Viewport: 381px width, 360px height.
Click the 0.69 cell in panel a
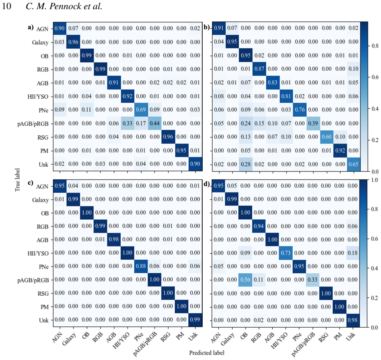tap(141, 110)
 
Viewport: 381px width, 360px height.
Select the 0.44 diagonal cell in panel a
tap(155, 123)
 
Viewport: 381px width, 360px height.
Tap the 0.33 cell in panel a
tap(127, 123)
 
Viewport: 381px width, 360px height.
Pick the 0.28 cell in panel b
tap(245, 164)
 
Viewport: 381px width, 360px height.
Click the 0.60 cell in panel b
tap(327, 137)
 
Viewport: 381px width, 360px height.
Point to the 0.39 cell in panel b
tap(313, 123)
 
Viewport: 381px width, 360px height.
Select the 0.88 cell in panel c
tap(141, 266)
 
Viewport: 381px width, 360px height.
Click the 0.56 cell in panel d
tap(245, 280)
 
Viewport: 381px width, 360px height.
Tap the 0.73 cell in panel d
tap(286, 253)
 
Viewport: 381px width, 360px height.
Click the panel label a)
tap(31, 27)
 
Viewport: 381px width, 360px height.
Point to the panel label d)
tap(207, 184)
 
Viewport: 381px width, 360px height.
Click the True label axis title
tap(18, 180)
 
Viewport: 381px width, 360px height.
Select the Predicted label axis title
tap(207, 353)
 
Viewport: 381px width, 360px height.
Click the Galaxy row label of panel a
tap(40, 42)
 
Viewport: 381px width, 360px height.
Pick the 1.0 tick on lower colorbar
tap(375, 180)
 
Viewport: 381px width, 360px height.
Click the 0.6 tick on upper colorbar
tap(375, 77)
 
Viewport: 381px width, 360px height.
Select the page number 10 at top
tap(6, 6)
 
